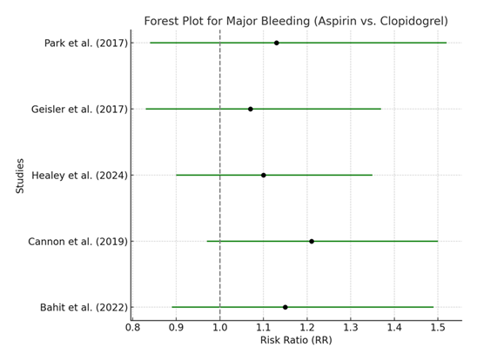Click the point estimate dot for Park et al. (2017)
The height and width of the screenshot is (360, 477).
[x=277, y=43]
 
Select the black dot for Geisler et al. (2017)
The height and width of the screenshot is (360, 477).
[x=251, y=109]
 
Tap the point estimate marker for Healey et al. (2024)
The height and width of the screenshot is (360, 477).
[x=264, y=175]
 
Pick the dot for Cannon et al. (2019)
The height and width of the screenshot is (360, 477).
[x=312, y=241]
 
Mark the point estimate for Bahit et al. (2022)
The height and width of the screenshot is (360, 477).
[x=286, y=307]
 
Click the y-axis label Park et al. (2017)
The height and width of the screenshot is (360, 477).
[x=85, y=43]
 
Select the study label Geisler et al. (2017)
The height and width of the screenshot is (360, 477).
[x=79, y=109]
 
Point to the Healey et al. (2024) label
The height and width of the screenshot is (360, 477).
[x=79, y=175]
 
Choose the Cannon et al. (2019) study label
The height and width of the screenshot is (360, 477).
[x=78, y=241]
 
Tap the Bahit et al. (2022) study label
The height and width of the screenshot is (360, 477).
[x=83, y=307]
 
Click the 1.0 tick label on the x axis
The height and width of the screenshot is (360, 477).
[x=220, y=327]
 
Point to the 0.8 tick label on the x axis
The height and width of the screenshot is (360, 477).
[x=133, y=327]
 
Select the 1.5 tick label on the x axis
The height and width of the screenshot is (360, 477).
[x=438, y=327]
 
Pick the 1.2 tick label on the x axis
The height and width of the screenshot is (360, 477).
[x=307, y=327]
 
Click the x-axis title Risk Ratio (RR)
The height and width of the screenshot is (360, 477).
[x=296, y=340]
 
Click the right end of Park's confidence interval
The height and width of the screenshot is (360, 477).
[x=447, y=43]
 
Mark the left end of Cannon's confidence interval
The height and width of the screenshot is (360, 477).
[x=207, y=241]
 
